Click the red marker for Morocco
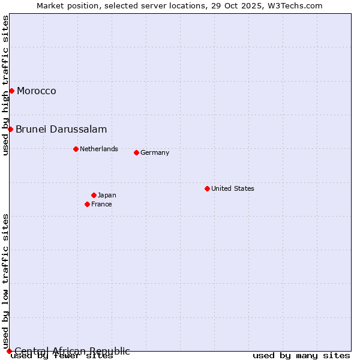[11, 91]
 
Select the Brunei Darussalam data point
[10, 129]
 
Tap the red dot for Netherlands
[76, 149]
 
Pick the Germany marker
[136, 152]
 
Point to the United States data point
[207, 188]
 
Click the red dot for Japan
[94, 195]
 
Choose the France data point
[87, 204]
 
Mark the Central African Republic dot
[9, 351]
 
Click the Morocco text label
[37, 91]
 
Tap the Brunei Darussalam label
[61, 130]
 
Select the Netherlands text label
[99, 149]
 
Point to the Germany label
[155, 153]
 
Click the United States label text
[233, 189]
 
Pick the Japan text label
[107, 196]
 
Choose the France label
[101, 205]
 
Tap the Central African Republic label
[72, 351]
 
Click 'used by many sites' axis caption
[301, 356]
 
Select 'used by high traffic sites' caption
[5, 85]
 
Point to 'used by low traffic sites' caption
[5, 281]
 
